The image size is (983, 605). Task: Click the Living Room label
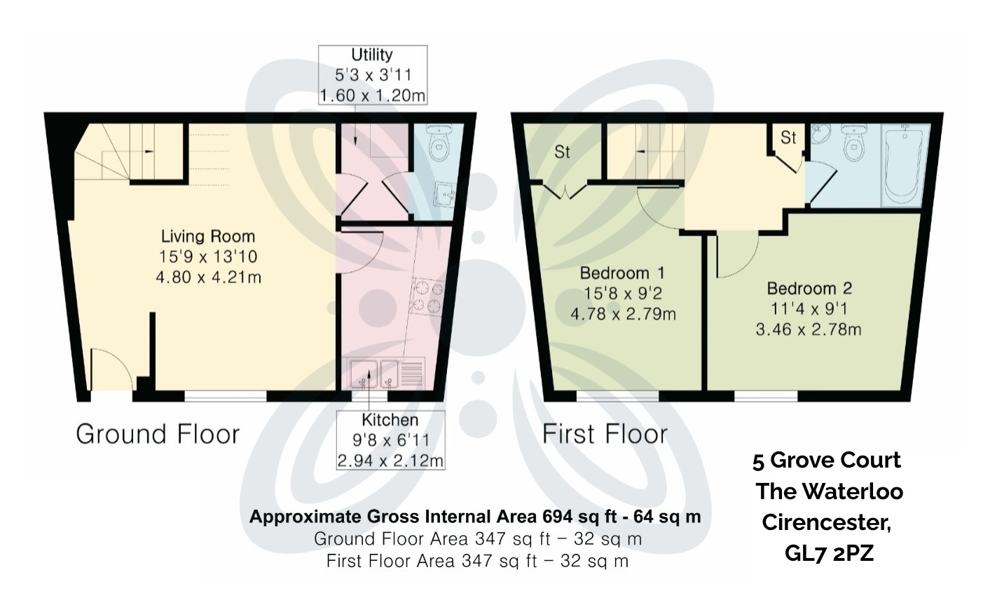pyautogui.click(x=208, y=237)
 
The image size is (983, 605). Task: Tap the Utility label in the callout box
pyautogui.click(x=372, y=55)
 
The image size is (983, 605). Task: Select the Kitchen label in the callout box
pyautogui.click(x=390, y=420)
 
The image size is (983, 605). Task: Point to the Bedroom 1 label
pyautogui.click(x=622, y=273)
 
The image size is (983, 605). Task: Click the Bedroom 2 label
pyautogui.click(x=810, y=288)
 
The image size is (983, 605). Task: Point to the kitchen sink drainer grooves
pyautogui.click(x=411, y=374)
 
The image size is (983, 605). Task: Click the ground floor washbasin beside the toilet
pyautogui.click(x=444, y=194)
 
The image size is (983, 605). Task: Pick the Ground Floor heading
pyautogui.click(x=158, y=434)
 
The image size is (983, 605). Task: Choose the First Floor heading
pyautogui.click(x=605, y=434)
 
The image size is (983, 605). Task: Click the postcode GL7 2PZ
pyautogui.click(x=829, y=553)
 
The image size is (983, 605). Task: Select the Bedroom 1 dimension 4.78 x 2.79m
pyautogui.click(x=623, y=314)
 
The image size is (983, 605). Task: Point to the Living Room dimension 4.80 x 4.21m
pyautogui.click(x=209, y=278)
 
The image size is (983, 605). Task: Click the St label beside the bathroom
pyautogui.click(x=789, y=138)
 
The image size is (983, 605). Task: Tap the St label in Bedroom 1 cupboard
pyautogui.click(x=562, y=152)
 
